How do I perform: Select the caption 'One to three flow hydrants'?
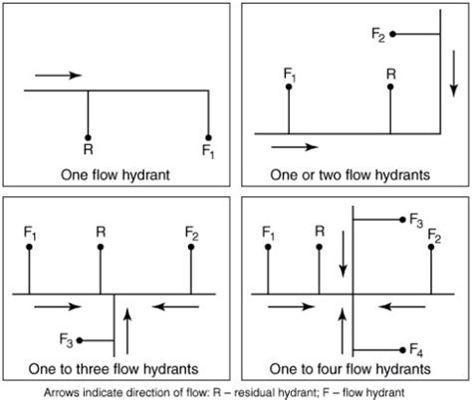pos(117,367)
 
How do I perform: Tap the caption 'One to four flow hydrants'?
pos(351,367)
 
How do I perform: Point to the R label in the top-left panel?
pos(88,151)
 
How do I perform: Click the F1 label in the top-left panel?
pos(207,152)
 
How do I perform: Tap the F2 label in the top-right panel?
pos(377,35)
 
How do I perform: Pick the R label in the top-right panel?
pos(390,73)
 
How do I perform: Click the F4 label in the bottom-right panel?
pos(417,349)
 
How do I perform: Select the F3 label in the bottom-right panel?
pos(417,219)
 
